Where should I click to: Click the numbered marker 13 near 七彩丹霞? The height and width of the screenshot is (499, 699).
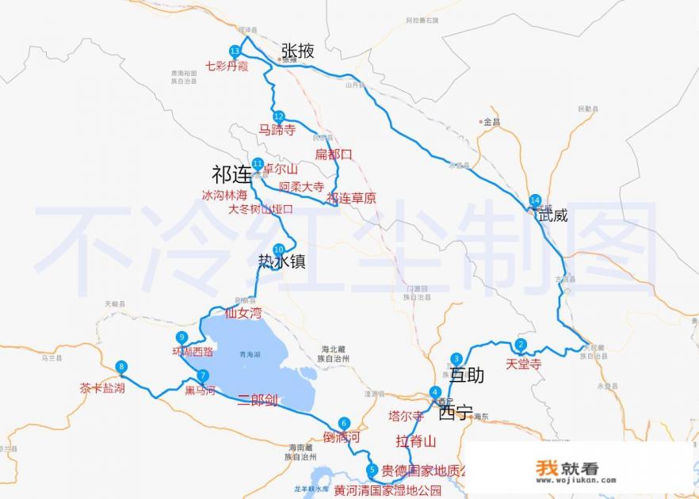(235, 51)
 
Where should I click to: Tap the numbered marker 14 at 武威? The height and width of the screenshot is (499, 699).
(536, 200)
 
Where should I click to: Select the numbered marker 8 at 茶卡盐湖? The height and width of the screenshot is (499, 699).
(121, 366)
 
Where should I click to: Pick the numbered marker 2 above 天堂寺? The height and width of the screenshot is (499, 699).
(521, 344)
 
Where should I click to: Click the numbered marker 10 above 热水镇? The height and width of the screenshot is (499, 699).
(278, 249)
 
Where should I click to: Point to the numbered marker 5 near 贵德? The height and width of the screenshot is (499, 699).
(372, 470)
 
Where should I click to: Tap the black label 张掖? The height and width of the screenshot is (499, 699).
(297, 51)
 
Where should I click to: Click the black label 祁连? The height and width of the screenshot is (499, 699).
(231, 173)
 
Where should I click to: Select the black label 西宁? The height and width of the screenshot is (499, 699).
(455, 413)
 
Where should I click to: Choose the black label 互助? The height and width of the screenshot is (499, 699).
(466, 375)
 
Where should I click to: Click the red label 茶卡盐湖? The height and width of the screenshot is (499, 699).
(102, 388)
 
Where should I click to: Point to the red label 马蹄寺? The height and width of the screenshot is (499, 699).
(277, 130)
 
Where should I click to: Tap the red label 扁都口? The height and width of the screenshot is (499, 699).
(333, 154)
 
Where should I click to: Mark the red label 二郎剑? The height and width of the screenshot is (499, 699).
(258, 400)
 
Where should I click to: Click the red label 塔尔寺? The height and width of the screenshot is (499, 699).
(406, 416)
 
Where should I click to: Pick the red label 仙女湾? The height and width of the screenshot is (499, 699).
(243, 313)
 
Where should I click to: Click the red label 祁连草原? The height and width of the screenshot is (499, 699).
(351, 198)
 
